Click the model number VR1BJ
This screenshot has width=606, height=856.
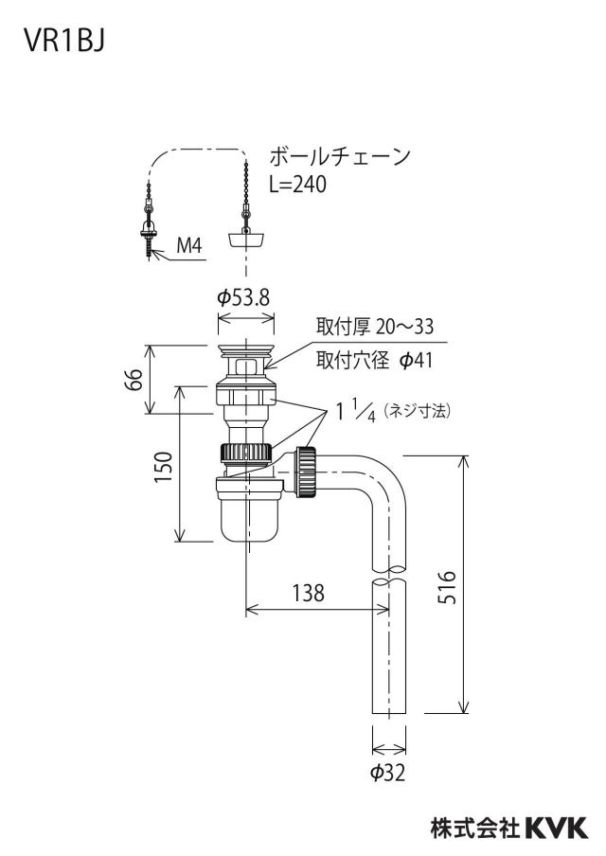pyautogui.click(x=64, y=41)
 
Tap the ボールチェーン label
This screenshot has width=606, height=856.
pyautogui.click(x=340, y=156)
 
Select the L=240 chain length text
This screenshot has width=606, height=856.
pyautogui.click(x=297, y=184)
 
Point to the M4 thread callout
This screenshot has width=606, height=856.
pyautogui.click(x=188, y=245)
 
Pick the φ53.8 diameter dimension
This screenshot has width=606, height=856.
pyautogui.click(x=243, y=297)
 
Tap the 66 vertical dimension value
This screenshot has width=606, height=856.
pyautogui.click(x=134, y=380)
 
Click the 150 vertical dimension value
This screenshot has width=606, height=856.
pyautogui.click(x=163, y=466)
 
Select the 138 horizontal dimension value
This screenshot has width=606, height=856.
pyautogui.click(x=308, y=593)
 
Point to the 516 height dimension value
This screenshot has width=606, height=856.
pyautogui.click(x=447, y=587)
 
